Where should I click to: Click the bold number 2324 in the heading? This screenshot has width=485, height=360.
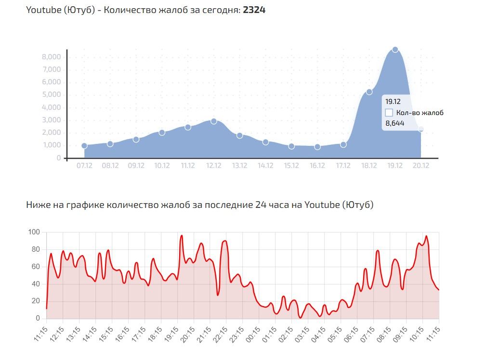(x=254, y=10)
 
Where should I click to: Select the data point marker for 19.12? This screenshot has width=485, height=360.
(x=395, y=50)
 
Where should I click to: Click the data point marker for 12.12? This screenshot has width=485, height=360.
(x=214, y=121)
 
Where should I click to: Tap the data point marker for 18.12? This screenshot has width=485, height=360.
(x=369, y=92)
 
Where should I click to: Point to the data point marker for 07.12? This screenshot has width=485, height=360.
(x=84, y=146)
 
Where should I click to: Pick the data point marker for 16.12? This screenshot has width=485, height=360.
(x=317, y=147)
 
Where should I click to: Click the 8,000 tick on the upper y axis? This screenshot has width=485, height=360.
(x=52, y=57)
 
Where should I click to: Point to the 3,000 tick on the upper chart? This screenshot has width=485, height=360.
(x=52, y=120)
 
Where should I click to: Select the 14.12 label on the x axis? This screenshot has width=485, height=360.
(x=265, y=166)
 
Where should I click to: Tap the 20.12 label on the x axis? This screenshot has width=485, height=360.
(x=421, y=166)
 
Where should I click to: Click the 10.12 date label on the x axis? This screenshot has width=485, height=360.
(x=162, y=166)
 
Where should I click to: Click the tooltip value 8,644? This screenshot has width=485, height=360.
(x=394, y=123)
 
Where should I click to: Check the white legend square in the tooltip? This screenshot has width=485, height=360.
(x=389, y=113)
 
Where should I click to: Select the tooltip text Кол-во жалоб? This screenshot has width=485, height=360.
(x=419, y=113)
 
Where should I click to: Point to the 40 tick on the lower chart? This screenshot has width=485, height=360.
(x=36, y=284)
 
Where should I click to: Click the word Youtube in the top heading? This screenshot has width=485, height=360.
(x=43, y=10)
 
